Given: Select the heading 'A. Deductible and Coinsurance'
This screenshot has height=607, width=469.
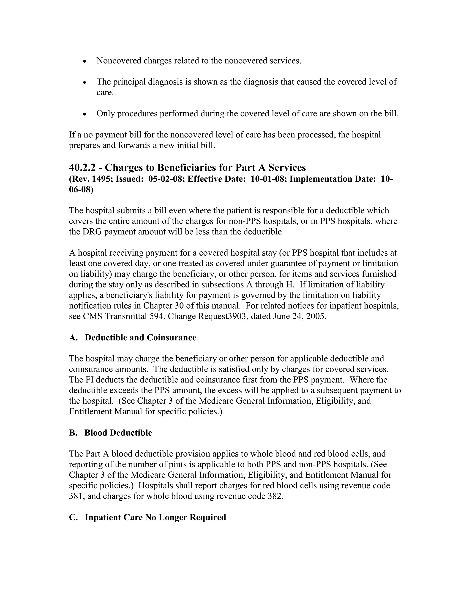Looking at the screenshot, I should point(133,338).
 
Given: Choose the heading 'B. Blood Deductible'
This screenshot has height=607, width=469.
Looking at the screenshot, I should point(111,433).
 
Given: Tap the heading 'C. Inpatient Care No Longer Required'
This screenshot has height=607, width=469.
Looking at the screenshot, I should point(147,517).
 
